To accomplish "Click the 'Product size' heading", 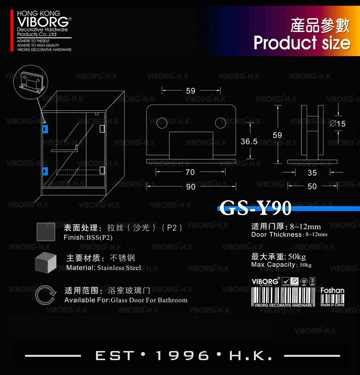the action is pos(302,43).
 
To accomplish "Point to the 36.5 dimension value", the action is pos(249,141).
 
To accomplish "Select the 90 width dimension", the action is pos(191,187).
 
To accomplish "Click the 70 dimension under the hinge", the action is pos(190,172).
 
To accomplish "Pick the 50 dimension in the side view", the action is pos(312,187).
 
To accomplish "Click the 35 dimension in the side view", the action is pos(312,173).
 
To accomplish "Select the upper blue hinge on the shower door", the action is pos(45,129).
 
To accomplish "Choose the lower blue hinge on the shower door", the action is pos(45,170).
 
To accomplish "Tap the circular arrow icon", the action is pos(47,294).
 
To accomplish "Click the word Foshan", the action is pos(332,291).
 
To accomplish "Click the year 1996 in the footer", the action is pos(183,356).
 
